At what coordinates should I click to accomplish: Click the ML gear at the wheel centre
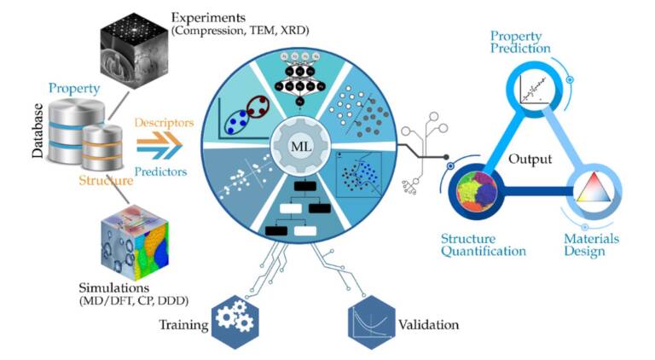301,147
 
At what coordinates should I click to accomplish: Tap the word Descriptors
164,123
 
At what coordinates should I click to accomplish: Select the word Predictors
161,171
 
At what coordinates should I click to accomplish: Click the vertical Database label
38,131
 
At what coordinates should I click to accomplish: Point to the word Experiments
208,18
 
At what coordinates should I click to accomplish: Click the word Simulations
114,287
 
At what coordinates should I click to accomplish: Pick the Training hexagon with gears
235,322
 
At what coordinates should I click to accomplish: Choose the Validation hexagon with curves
371,322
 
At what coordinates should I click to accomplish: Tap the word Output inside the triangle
530,160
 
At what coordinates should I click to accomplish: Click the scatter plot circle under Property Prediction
531,89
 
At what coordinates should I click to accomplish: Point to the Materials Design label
591,245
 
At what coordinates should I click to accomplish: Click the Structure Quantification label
484,245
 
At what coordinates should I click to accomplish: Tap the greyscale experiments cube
134,51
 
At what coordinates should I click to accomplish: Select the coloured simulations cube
135,242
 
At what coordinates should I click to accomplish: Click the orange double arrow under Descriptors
159,140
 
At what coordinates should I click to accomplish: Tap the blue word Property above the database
74,88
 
